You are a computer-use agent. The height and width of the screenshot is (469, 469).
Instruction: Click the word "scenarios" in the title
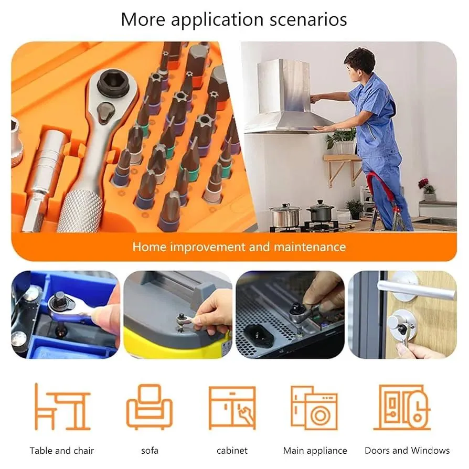308,19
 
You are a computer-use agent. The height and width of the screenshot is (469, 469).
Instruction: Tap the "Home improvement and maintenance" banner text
239,247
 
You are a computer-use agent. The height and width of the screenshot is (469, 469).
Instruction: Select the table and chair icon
62,407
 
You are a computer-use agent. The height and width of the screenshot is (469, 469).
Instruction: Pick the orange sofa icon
150,407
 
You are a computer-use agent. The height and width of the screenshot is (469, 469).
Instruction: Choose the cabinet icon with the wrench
232,408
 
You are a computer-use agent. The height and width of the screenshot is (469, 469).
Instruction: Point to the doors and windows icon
402,407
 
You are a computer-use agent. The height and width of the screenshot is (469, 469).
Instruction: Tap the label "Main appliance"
315,451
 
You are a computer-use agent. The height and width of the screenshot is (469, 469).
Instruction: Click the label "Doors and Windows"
407,450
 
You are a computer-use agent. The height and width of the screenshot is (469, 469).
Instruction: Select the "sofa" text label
150,451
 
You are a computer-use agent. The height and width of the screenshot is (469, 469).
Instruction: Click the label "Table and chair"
61,451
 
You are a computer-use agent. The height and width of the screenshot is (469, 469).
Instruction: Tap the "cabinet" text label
232,451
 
